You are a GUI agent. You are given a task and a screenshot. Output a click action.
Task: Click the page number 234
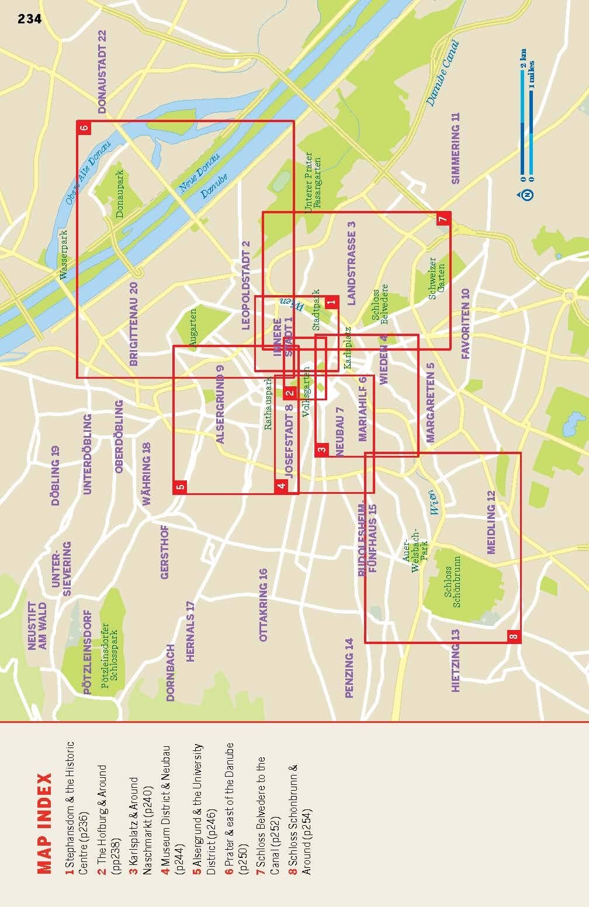pyautogui.click(x=30, y=19)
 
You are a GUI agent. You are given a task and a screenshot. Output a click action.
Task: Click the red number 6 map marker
pyautogui.click(x=84, y=128)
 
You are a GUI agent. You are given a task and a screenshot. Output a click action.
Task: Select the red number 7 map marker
pyautogui.click(x=443, y=219)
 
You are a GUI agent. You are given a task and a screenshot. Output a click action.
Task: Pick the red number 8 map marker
pyautogui.click(x=513, y=636)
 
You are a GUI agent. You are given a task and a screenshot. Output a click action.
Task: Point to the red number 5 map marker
pyautogui.click(x=181, y=486)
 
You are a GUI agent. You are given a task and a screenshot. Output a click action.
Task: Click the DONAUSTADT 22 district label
pyautogui.click(x=103, y=71)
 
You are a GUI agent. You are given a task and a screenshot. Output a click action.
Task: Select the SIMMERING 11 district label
pyautogui.click(x=456, y=148)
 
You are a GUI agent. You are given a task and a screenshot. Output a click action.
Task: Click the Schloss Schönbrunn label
pyautogui.click(x=452, y=587)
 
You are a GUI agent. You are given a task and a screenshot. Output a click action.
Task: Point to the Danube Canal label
pyautogui.click(x=442, y=73)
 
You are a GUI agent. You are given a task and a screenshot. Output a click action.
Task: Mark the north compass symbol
pyautogui.click(x=528, y=194)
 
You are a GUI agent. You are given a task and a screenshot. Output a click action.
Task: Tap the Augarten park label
pyautogui.click(x=193, y=330)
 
